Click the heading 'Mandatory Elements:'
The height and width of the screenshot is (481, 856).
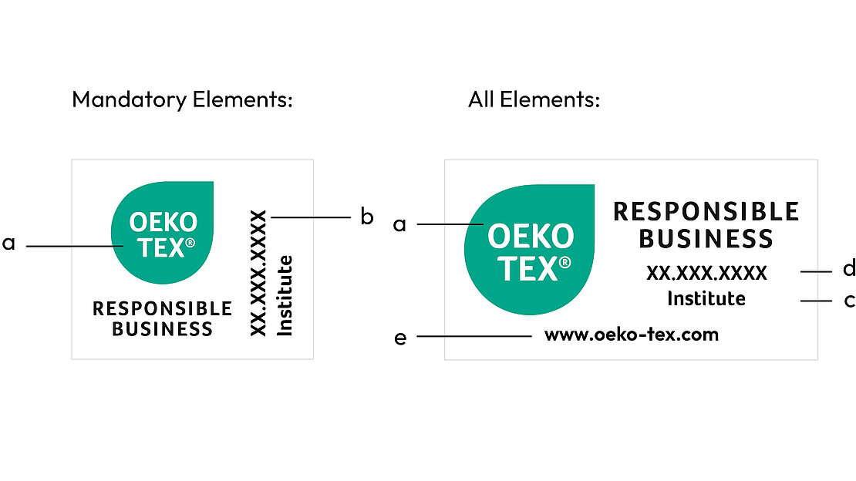click(182, 99)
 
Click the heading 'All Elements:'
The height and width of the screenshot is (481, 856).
click(534, 99)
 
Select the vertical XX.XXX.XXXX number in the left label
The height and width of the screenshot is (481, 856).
click(259, 273)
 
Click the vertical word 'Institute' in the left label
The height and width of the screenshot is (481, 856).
click(285, 296)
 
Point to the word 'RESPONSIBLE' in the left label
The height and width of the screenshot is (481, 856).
click(162, 309)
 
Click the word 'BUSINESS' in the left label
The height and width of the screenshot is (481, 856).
click(162, 329)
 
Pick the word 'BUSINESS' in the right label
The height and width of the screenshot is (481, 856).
click(706, 239)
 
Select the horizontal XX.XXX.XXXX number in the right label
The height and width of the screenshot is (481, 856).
click(706, 273)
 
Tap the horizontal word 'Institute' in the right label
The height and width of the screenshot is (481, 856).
click(706, 298)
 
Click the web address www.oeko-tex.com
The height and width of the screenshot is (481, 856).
click(631, 335)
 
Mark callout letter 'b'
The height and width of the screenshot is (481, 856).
click(367, 217)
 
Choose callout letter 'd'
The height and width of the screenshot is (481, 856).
click(849, 268)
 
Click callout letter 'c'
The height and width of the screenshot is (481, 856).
click(849, 300)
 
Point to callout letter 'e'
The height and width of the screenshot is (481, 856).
click(400, 338)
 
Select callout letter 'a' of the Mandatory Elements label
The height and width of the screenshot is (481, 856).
click(8, 244)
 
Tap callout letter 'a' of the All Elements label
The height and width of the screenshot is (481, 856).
click(399, 224)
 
